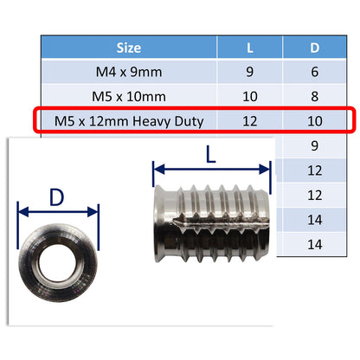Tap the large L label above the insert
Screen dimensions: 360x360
point(211,157)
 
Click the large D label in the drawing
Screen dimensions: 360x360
point(57,197)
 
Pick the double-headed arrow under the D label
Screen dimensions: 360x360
point(58,209)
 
